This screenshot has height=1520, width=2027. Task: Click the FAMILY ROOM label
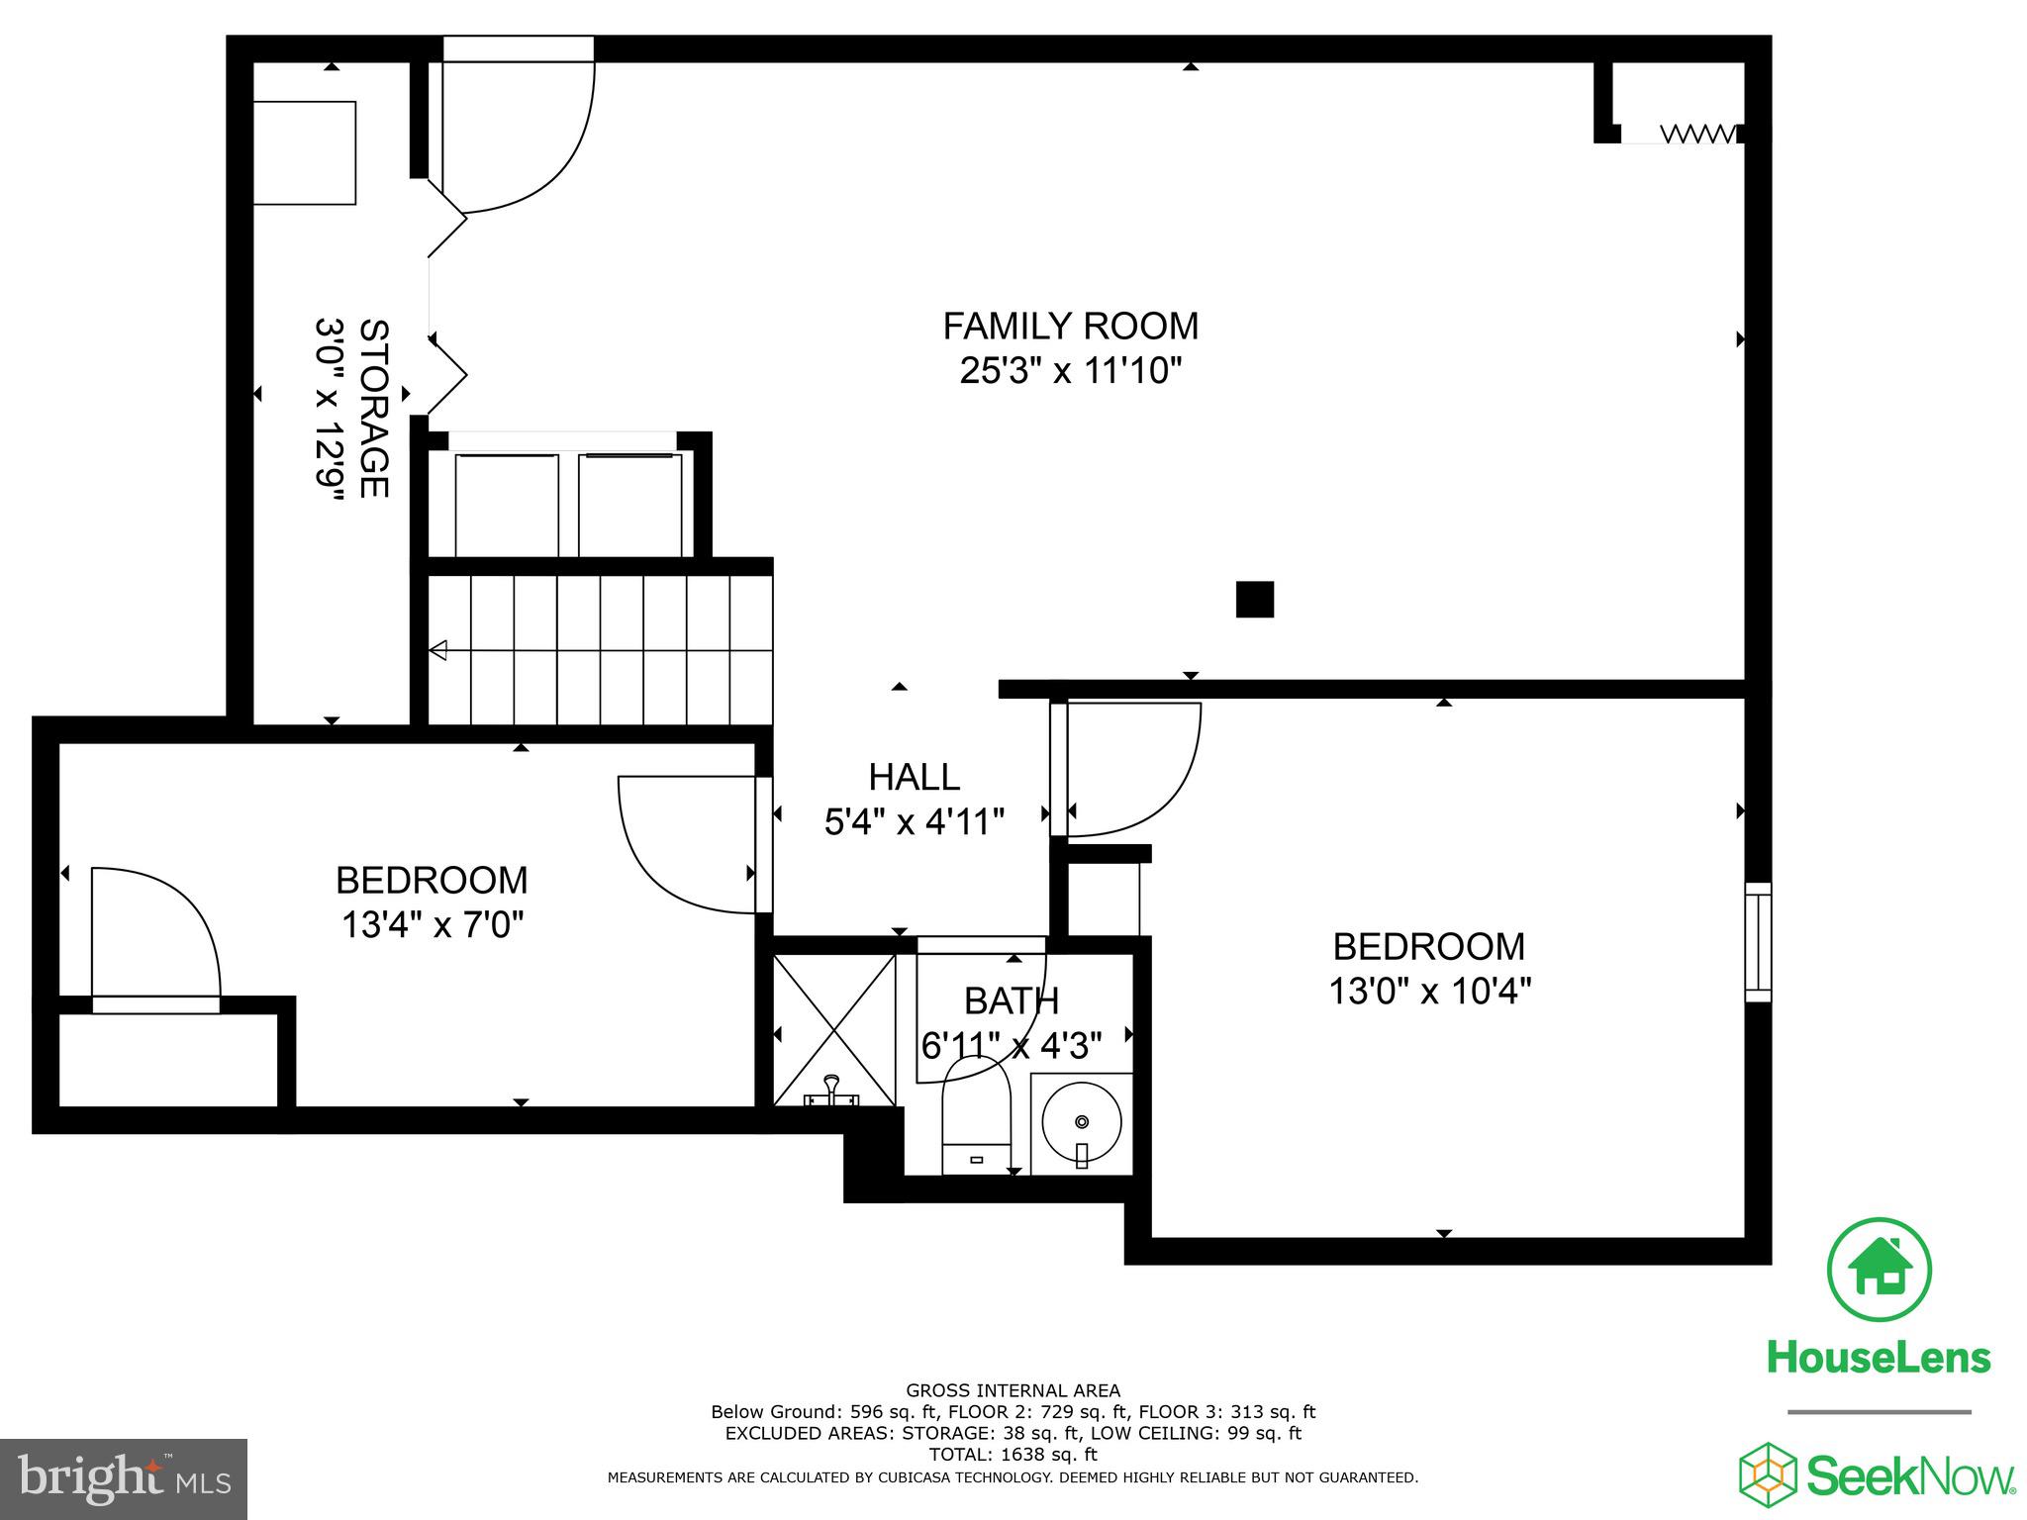click(1070, 326)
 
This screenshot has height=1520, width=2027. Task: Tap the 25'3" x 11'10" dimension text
click(1070, 371)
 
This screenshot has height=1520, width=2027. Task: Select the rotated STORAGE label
click(373, 408)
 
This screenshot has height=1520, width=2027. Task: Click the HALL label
click(914, 777)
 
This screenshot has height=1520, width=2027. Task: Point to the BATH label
click(1012, 1001)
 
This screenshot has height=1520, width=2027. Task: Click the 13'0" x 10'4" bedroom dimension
click(1429, 991)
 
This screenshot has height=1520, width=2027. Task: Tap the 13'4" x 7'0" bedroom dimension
click(432, 925)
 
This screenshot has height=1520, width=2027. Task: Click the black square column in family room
click(1254, 600)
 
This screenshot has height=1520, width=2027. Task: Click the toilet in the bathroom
click(976, 1118)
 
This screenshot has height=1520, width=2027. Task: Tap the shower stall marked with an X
click(833, 1029)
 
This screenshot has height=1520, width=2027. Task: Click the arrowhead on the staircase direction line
click(438, 650)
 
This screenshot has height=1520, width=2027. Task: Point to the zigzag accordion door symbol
click(1697, 133)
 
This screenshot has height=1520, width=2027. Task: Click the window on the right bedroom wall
click(1758, 942)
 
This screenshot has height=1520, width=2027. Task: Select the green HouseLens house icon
click(1879, 1270)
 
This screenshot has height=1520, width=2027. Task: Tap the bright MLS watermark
click(124, 1479)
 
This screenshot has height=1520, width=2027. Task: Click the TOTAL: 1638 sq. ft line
click(1013, 1455)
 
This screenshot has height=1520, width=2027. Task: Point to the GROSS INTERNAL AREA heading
click(1013, 1390)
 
